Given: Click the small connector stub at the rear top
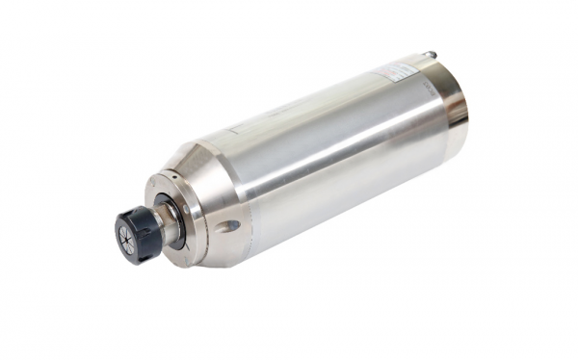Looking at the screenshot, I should click(431, 55).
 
